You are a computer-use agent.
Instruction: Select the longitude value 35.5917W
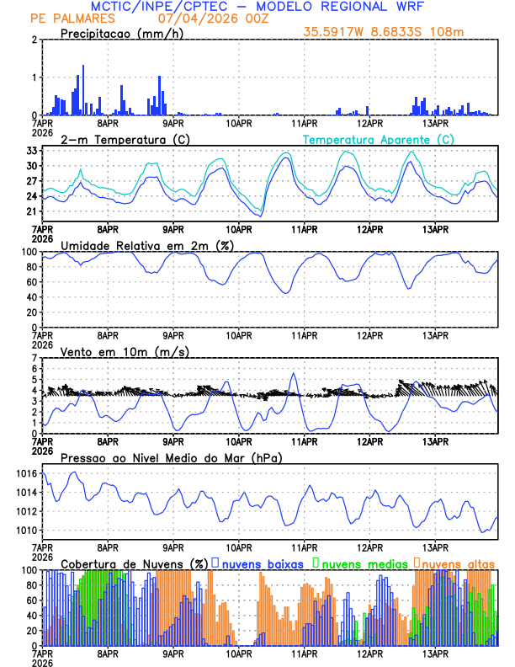coord(335,33)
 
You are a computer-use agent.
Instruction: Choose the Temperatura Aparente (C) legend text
coord(378,139)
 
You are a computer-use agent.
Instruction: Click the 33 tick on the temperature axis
coord(33,151)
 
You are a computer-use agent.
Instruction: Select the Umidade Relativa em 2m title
coord(145,245)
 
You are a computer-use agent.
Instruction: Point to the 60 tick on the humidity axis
coord(33,282)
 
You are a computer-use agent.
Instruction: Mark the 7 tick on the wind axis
coord(35,358)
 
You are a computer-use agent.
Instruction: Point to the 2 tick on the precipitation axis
coord(35,40)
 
